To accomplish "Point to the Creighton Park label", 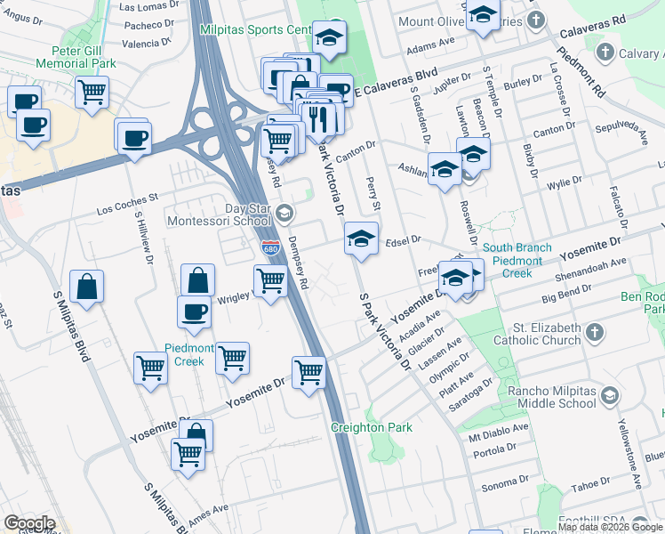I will [x=372, y=427].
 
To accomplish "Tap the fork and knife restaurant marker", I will [x=316, y=117].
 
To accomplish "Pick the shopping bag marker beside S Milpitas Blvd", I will [x=87, y=287].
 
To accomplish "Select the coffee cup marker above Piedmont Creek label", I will [x=195, y=311].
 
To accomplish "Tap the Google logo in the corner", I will [x=29, y=523].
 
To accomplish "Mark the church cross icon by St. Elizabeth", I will [x=595, y=332].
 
